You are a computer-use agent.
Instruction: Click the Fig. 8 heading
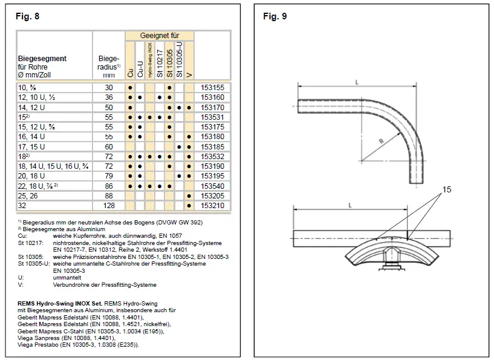27,16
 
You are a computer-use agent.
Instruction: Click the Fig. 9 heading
275,16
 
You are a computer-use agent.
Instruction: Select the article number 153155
212,88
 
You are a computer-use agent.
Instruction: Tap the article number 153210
212,206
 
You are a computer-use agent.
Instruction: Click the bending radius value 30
109,88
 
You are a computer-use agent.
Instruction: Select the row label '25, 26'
28,197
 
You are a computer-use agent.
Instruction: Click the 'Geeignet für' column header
160,36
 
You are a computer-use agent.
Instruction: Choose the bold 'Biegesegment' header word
42,59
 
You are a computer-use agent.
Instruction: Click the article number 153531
212,116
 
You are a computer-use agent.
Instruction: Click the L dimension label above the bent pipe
358,81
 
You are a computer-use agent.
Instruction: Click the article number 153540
212,186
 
